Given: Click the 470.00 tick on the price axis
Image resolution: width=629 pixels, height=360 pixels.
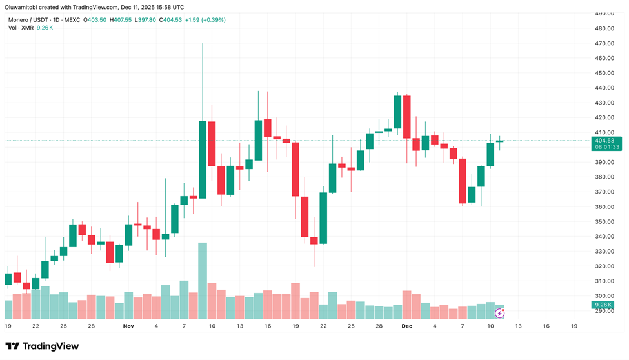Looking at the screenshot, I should point(604,43).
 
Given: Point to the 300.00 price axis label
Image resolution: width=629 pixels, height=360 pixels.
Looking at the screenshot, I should point(604,295).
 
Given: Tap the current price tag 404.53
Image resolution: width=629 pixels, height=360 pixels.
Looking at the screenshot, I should point(606,140).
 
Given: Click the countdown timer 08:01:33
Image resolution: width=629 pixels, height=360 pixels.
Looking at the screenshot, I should point(606,147).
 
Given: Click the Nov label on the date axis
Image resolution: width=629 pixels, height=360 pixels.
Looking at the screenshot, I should point(128,326).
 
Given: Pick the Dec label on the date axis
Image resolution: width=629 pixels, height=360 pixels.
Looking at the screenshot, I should point(406,326).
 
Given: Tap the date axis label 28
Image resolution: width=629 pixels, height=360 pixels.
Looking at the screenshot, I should point(92,326).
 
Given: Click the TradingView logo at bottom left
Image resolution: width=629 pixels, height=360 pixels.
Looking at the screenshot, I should point(42,346).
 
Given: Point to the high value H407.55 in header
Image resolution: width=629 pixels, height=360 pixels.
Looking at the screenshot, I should point(121,20).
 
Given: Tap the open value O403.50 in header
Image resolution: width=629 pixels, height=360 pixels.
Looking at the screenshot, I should point(96,20).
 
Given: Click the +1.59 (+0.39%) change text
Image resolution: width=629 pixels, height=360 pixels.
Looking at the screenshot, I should point(205,20).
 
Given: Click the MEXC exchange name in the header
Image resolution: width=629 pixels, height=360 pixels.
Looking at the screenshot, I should point(72,20).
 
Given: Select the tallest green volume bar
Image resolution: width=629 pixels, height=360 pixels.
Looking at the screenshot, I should point(203,281).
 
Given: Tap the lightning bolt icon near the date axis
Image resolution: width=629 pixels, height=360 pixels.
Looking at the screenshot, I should point(499,314).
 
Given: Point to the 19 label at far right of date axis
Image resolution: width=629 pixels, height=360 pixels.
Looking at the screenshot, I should point(574,326).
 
